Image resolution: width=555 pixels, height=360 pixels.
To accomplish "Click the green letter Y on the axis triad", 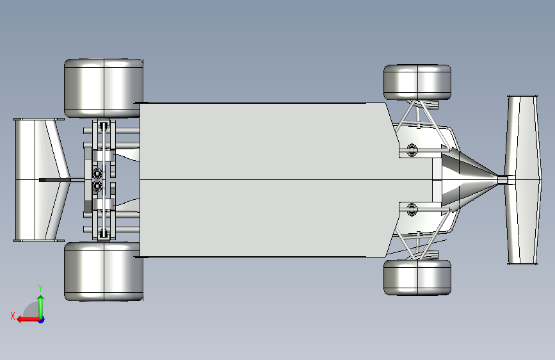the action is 40,288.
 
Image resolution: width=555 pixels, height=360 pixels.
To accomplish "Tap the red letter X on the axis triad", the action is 13,316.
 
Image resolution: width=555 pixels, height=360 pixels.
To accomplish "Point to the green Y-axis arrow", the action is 41,307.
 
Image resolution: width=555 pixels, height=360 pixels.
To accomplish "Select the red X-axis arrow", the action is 29,320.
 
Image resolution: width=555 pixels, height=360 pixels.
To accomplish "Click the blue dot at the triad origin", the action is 42,320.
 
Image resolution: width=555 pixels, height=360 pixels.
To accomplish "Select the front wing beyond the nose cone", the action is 522,179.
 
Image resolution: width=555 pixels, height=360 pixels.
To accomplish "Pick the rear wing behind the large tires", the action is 41,180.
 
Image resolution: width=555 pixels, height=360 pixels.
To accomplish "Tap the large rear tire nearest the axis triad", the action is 104,272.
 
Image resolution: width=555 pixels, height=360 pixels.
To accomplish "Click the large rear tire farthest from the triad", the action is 104,88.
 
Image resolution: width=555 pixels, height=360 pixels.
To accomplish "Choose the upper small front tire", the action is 417,82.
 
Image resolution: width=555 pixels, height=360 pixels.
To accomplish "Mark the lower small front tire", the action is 417,277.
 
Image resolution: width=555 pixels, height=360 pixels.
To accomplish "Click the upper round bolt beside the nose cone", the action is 412,150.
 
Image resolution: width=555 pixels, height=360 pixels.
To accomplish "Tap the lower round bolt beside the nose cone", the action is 412,209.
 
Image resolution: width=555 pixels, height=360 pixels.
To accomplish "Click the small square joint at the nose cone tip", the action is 503,180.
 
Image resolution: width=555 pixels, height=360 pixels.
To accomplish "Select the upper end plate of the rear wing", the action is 38,119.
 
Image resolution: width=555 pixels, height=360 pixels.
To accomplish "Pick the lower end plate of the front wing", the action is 522,263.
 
